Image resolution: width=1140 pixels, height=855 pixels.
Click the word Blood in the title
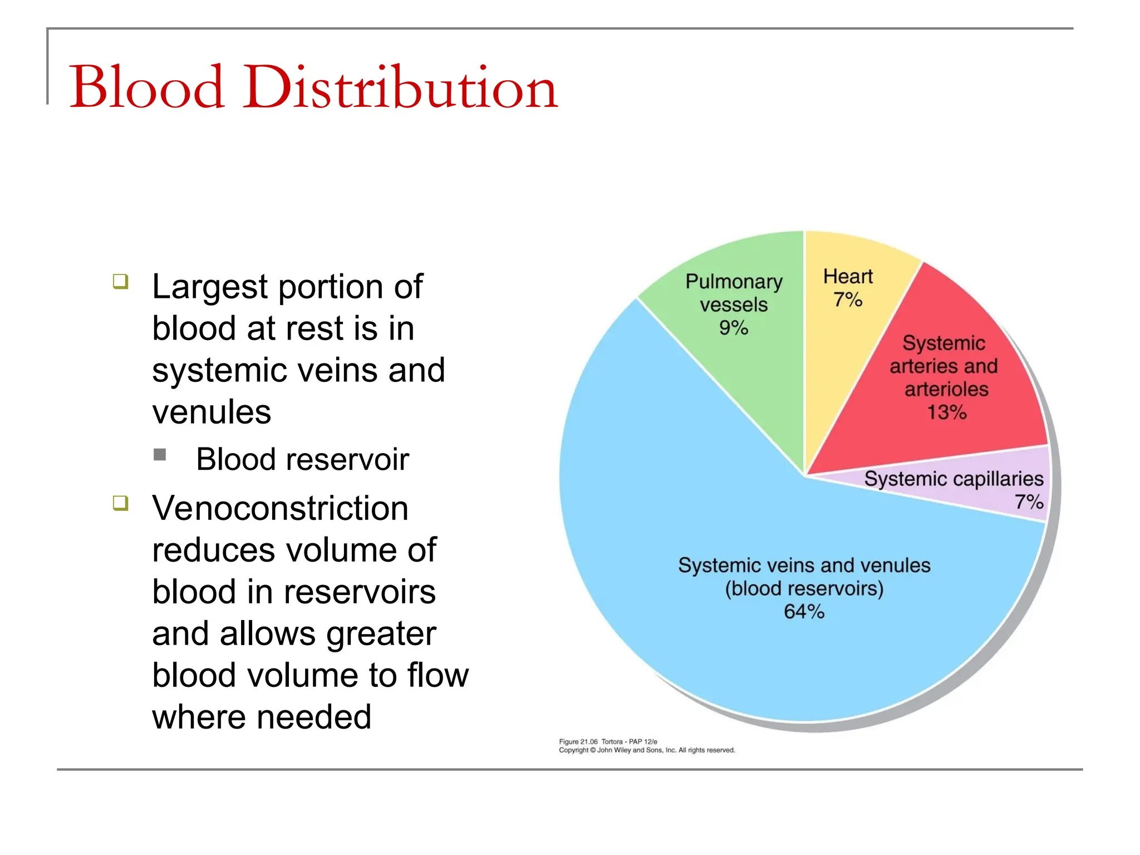147,87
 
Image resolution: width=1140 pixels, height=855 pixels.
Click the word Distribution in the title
400,87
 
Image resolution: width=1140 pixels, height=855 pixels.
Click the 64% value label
804,612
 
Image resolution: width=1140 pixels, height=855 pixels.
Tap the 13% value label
946,412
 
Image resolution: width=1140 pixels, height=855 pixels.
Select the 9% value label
733,328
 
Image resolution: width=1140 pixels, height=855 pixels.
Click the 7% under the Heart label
847,300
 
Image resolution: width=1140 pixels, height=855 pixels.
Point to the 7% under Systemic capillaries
1029,502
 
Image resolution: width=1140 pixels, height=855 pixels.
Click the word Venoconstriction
280,508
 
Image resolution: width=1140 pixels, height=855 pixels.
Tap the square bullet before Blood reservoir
160,455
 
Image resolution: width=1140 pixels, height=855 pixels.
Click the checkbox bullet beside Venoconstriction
120,503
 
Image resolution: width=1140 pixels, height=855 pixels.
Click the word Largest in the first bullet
210,287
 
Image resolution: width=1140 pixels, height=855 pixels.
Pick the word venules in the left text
212,412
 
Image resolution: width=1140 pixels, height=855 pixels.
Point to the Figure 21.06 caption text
608,741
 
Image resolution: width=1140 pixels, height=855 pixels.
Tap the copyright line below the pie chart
647,750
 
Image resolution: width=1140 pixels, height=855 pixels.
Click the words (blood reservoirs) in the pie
804,588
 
